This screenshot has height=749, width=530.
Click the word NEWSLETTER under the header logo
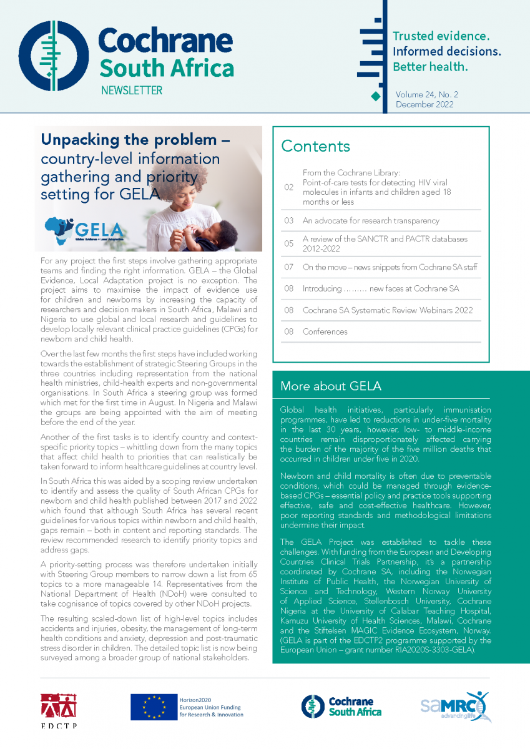pyautogui.click(x=131, y=91)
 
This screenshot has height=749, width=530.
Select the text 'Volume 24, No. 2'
pyautogui.click(x=426, y=94)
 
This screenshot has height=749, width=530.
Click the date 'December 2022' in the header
pyautogui.click(x=424, y=105)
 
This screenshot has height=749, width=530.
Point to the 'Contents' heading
pyautogui.click(x=315, y=146)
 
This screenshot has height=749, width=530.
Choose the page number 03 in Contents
pyautogui.click(x=288, y=221)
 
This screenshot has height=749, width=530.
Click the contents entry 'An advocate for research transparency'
pyautogui.click(x=371, y=221)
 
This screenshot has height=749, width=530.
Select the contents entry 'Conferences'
pyautogui.click(x=325, y=331)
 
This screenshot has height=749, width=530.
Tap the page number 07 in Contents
pyautogui.click(x=288, y=267)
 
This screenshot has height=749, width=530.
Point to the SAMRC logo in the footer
pyautogui.click(x=454, y=706)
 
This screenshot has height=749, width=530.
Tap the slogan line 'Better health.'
pyautogui.click(x=429, y=67)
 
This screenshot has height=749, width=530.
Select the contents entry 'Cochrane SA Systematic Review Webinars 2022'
pyautogui.click(x=387, y=310)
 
